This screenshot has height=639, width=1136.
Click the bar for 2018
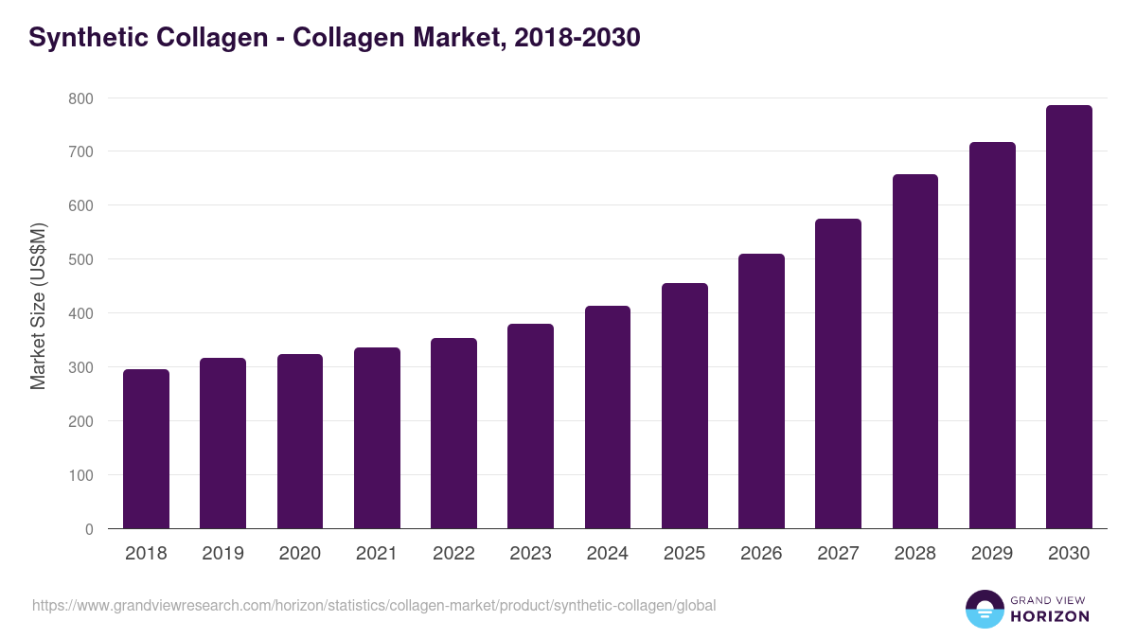coord(146,449)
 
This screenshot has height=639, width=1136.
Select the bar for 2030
coord(1069,317)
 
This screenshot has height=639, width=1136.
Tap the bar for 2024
coord(608,417)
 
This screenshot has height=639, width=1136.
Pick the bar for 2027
coord(838,374)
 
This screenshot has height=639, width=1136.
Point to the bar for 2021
coord(377,438)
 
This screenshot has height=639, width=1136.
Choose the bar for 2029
coord(992,335)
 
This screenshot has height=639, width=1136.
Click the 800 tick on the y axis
coord(80,98)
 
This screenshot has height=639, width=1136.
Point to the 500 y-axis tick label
coord(80,259)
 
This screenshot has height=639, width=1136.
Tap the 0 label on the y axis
coord(88,529)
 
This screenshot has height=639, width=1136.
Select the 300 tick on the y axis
coord(80,367)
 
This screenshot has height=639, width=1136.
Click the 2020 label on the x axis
coord(300,554)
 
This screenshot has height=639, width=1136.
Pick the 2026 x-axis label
coord(761,554)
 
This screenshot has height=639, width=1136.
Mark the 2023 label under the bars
coord(530,554)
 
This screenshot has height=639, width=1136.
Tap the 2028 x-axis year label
coord(914,554)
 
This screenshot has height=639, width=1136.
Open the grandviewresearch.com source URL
coord(374,605)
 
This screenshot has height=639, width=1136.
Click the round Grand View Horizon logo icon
coord(985,609)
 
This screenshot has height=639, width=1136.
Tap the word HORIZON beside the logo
coord(1050,616)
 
